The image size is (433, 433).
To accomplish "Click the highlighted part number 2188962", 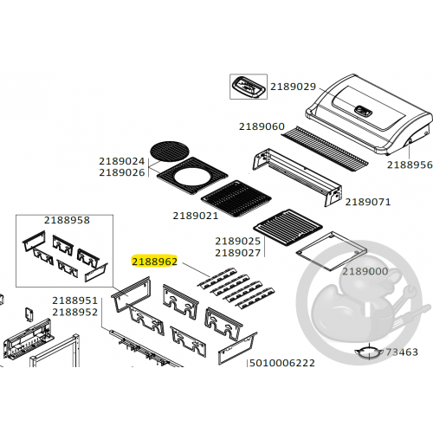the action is click(155, 262).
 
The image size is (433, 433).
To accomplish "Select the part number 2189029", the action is click(293, 87).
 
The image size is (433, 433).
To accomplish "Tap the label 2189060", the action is click(262, 126).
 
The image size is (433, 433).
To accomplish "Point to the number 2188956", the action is click(410, 165).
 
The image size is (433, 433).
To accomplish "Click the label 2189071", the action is click(368, 202).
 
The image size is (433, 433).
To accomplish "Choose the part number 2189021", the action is click(196, 216).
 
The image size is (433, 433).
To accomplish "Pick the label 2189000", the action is click(365, 271).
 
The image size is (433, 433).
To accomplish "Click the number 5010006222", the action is click(282, 363).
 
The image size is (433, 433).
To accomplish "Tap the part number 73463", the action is click(402, 352).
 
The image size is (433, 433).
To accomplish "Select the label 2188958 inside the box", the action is click(67, 220).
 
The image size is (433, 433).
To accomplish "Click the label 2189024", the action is click(122, 161).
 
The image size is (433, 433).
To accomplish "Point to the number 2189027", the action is click(238, 253).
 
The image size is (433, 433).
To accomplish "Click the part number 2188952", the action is click(75, 312).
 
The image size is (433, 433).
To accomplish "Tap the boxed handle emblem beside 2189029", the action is click(249, 87).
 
